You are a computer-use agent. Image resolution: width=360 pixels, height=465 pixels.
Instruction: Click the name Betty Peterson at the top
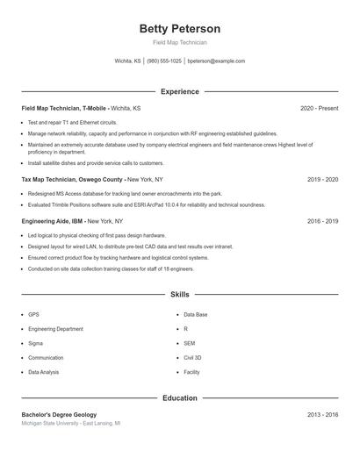pyautogui.click(x=179, y=29)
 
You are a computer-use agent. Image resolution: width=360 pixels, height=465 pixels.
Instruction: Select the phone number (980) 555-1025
pyautogui.click(x=164, y=61)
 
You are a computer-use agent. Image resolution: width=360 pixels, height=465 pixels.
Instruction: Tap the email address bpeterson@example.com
pyautogui.click(x=216, y=61)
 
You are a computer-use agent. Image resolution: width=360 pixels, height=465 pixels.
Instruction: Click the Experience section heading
pyautogui.click(x=179, y=91)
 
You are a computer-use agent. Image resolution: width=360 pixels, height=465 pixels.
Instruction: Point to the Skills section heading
pyautogui.click(x=179, y=296)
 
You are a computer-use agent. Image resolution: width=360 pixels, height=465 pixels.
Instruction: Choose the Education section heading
pyautogui.click(x=179, y=398)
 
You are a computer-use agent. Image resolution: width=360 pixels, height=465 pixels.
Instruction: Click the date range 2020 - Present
pyautogui.click(x=319, y=108)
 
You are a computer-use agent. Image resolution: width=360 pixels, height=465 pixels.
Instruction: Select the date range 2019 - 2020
pyautogui.click(x=322, y=179)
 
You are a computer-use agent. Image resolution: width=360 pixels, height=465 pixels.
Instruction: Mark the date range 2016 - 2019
pyautogui.click(x=322, y=221)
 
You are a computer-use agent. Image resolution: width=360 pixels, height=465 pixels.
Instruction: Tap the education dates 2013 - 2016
pyautogui.click(x=322, y=414)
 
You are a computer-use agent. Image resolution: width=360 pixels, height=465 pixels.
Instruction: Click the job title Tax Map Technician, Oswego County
pyautogui.click(x=73, y=179)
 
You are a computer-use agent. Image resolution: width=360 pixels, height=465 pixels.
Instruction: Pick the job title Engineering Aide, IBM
pyautogui.click(x=54, y=221)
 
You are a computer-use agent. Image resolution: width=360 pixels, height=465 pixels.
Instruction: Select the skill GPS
pyautogui.click(x=33, y=314)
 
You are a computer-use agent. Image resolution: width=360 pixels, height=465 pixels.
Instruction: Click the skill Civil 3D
pyautogui.click(x=192, y=358)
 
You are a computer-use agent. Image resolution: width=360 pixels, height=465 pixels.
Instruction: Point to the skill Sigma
pyautogui.click(x=35, y=343)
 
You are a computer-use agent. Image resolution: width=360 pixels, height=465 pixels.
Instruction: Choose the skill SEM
pyautogui.click(x=189, y=343)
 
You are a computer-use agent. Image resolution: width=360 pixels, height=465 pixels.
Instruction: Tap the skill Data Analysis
pyautogui.click(x=44, y=372)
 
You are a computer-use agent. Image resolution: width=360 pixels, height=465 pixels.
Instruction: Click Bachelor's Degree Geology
pyautogui.click(x=59, y=414)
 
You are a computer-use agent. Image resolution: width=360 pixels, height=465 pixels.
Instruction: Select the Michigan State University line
pyautogui.click(x=71, y=423)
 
